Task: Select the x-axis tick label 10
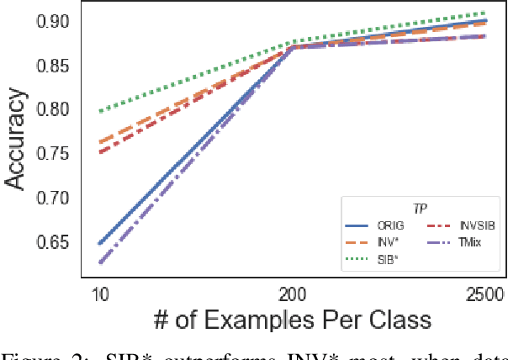point(100,294)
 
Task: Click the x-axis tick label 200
point(292,294)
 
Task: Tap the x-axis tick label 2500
point(481,294)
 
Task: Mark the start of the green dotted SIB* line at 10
point(100,111)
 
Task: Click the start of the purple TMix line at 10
point(100,262)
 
